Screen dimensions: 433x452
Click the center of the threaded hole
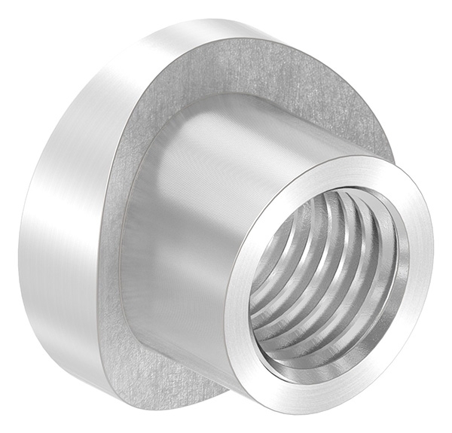coord(328,271)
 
